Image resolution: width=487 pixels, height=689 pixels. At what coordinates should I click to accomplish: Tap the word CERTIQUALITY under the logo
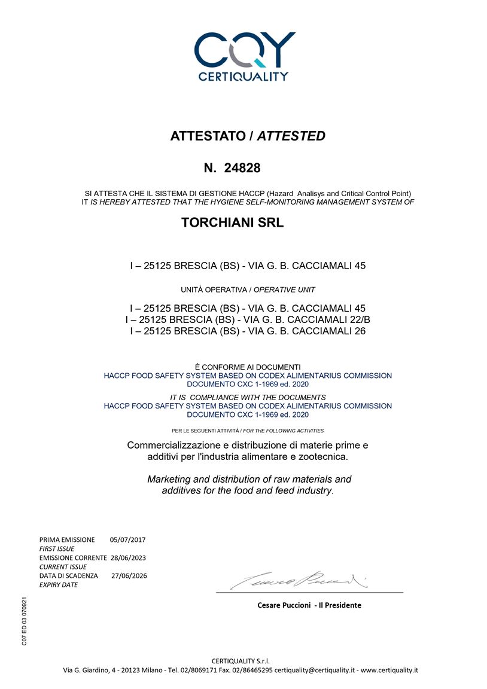click(244, 77)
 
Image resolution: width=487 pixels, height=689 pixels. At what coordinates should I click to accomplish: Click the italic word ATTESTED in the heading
click(291, 136)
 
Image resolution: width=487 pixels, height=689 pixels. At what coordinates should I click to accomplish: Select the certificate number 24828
click(242, 168)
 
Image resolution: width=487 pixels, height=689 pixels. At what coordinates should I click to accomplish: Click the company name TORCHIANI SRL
click(232, 223)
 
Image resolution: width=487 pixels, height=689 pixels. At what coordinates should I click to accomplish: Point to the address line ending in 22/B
click(248, 319)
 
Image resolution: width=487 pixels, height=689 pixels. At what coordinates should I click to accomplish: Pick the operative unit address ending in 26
click(248, 331)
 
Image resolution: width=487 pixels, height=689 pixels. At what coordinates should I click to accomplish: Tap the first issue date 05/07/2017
click(127, 539)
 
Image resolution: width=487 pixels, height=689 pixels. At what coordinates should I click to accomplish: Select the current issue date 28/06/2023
click(129, 557)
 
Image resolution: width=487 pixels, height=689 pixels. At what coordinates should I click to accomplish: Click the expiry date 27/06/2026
click(129, 575)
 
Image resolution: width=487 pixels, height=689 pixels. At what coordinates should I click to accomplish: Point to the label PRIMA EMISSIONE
click(67, 539)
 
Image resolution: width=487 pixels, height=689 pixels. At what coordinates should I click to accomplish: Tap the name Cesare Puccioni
click(284, 605)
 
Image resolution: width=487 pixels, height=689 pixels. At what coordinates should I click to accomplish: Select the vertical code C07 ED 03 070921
click(24, 620)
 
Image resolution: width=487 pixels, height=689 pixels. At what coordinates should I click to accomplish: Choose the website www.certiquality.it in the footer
click(389, 670)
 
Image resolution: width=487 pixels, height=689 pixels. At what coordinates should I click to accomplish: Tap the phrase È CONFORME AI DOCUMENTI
click(248, 367)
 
